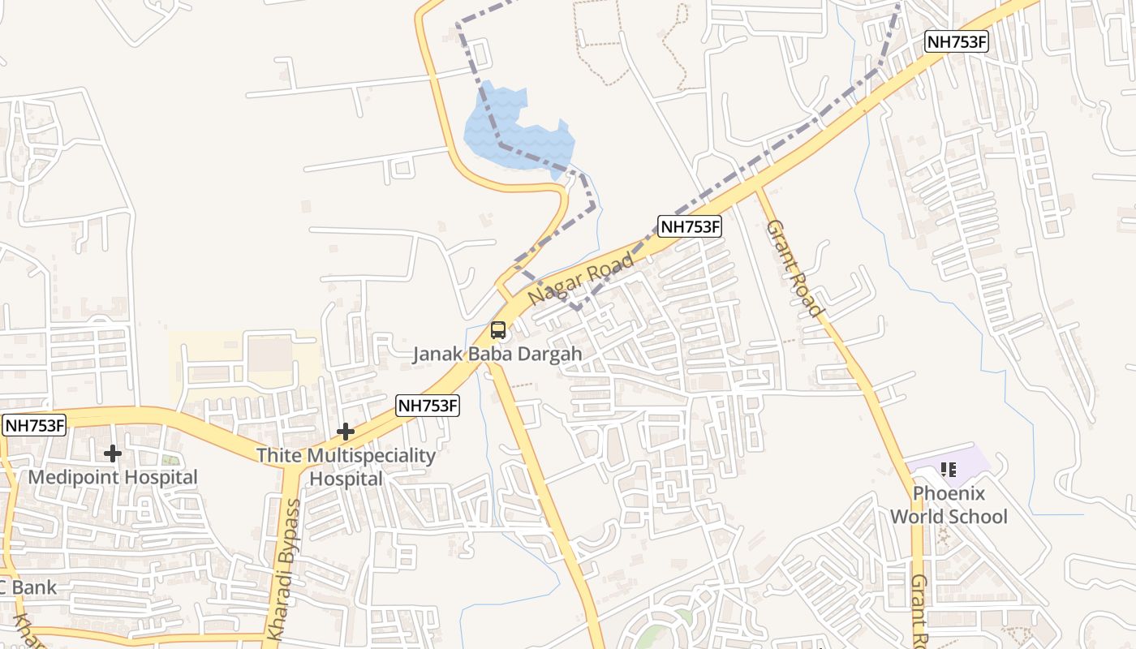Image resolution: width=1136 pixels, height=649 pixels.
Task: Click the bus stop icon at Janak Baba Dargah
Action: pyautogui.click(x=498, y=330)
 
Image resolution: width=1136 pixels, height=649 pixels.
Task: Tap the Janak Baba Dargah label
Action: pyautogui.click(x=497, y=355)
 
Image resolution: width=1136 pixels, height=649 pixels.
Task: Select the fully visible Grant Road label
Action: pyautogui.click(x=794, y=268)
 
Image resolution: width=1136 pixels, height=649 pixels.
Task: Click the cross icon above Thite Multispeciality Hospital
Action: pyautogui.click(x=346, y=431)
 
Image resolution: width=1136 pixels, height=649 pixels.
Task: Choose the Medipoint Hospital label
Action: pyautogui.click(x=113, y=477)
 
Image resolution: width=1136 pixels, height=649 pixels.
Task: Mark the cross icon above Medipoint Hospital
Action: pyautogui.click(x=113, y=453)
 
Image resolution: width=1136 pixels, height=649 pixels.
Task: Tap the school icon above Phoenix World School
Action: pyautogui.click(x=949, y=469)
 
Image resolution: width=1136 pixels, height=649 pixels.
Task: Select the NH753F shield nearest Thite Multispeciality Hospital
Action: pyautogui.click(x=428, y=406)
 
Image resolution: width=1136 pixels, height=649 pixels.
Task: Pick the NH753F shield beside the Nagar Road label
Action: pyautogui.click(x=690, y=226)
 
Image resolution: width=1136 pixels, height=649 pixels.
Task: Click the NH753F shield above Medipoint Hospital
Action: pyautogui.click(x=34, y=425)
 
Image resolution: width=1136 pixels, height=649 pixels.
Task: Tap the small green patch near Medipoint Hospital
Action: pyautogui.click(x=170, y=461)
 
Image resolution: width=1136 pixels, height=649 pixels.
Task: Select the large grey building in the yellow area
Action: pyautogui.click(x=269, y=355)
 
